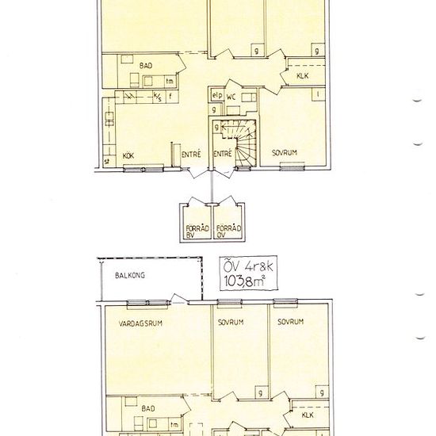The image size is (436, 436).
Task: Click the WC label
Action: [232, 96]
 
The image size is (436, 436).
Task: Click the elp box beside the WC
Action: [215, 96]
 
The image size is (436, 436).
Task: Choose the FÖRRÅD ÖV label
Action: [228, 230]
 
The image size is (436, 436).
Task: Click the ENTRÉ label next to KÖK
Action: [190, 155]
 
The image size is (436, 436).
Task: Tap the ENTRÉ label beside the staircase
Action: [223, 155]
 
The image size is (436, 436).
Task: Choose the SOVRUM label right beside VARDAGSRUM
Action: [231, 322]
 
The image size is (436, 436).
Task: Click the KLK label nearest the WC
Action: [302, 76]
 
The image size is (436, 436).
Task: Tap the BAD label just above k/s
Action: [147, 65]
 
